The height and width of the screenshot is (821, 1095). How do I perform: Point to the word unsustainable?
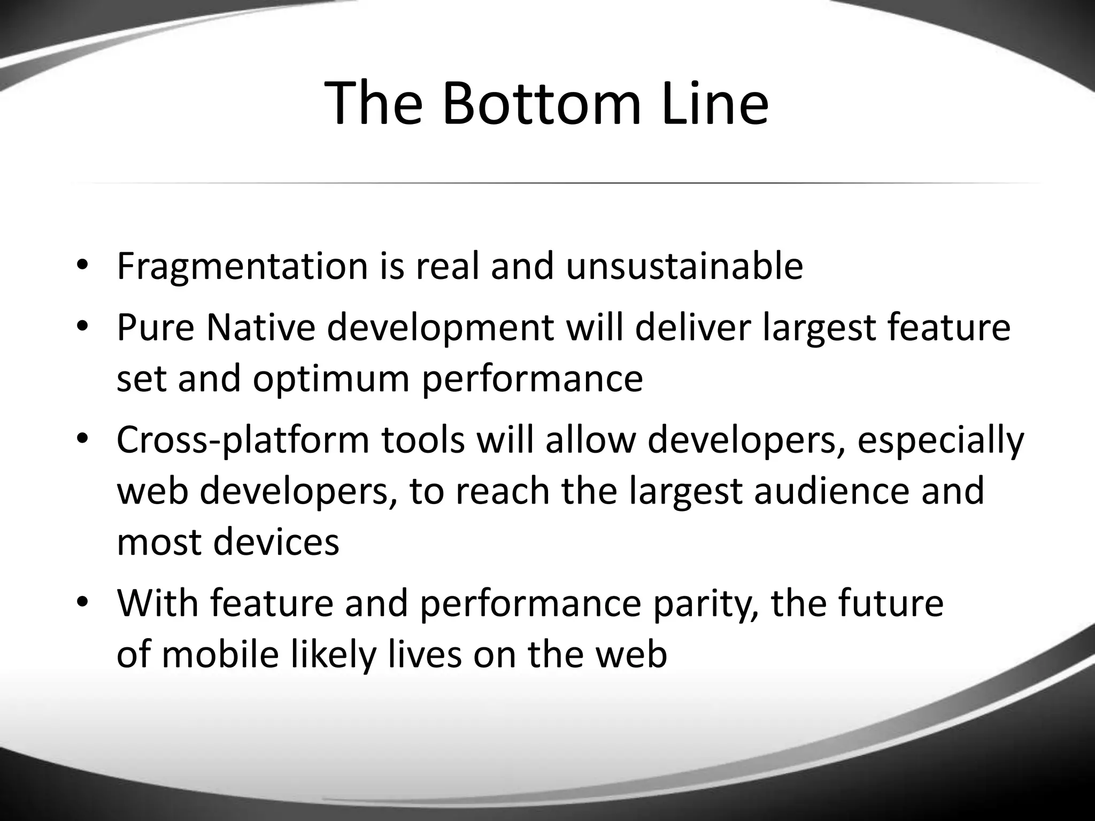click(684, 266)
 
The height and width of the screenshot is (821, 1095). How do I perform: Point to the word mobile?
click(220, 654)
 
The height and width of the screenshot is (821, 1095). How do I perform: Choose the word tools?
click(423, 440)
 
